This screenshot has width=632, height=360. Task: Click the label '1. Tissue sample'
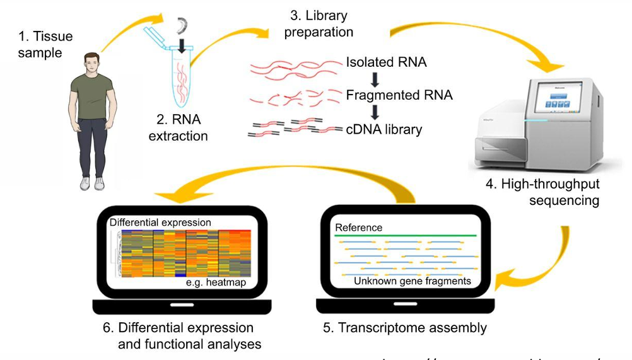coord(45,45)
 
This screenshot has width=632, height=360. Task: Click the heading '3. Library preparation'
coord(319,23)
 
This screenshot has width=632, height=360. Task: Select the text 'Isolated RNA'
coord(386,62)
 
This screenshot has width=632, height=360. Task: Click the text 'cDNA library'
coord(383,130)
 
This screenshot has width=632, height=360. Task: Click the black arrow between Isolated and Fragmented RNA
coord(375,79)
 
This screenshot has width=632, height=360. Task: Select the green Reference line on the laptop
coord(405,235)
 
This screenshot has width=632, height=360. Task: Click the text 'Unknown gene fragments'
coord(412,281)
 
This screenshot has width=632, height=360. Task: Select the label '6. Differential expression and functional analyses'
coord(183,335)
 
